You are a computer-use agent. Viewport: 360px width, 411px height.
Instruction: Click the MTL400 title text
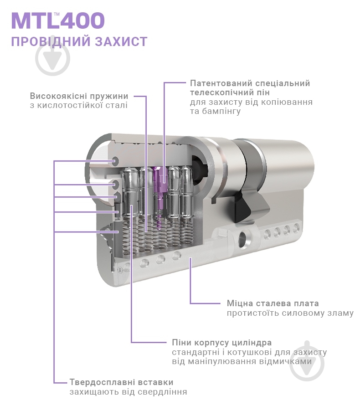58,21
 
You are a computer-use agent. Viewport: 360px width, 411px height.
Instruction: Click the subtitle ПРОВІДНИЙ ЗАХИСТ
79,42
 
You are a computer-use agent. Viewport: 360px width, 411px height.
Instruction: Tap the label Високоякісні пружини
79,96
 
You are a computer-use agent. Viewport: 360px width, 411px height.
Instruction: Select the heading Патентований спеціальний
250,83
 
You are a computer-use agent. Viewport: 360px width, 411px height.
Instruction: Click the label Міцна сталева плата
273,303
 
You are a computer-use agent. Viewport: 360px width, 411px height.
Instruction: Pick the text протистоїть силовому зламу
290,313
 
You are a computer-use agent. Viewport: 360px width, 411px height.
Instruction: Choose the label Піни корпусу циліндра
221,342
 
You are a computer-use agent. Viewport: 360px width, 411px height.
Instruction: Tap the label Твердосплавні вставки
121,382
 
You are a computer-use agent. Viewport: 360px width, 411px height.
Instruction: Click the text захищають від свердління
128,392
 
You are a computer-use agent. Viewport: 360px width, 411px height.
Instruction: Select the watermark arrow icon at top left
53,58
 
